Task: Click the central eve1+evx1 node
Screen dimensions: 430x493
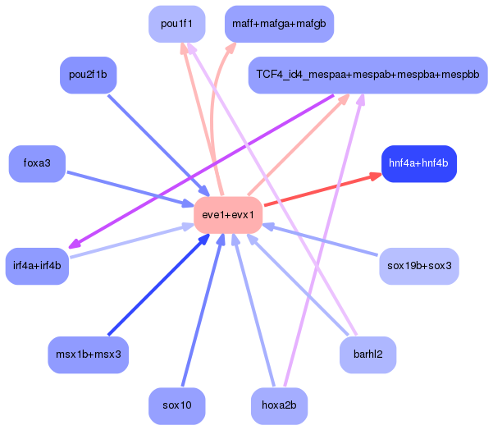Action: (228, 215)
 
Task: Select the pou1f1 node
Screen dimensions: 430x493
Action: (177, 24)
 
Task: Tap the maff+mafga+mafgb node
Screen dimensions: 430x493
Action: (278, 24)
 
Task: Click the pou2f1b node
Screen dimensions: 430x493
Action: (89, 75)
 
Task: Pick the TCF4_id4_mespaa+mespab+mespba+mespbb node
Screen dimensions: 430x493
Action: (367, 75)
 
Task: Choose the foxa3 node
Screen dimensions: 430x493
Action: (37, 163)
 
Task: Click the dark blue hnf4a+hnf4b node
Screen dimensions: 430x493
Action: (418, 163)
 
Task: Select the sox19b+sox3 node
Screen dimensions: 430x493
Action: (418, 266)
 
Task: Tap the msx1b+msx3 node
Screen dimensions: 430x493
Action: (89, 355)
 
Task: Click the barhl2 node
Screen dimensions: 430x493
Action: (367, 355)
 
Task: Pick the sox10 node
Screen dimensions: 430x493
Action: (177, 406)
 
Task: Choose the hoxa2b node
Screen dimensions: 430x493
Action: (278, 406)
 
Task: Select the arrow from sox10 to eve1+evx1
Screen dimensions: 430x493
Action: (199, 312)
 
